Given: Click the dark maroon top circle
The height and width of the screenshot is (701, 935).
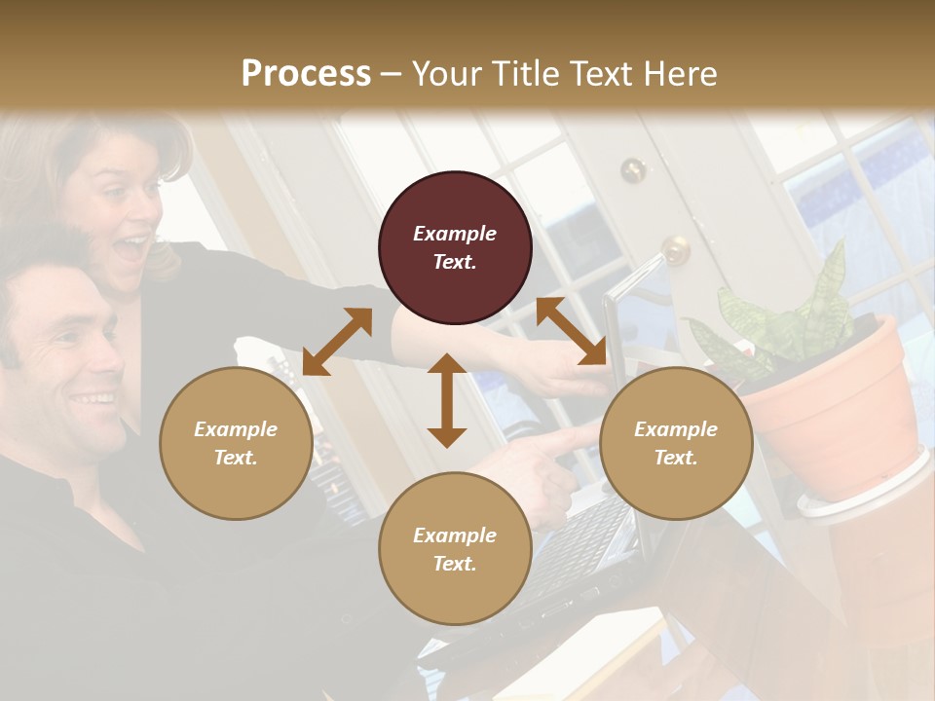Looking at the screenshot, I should coord(455,247).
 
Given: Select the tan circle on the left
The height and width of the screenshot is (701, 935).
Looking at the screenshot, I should coord(236,443).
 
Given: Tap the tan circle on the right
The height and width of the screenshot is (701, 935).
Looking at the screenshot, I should coord(676,443).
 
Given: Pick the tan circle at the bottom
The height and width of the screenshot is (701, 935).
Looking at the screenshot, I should coord(455,548).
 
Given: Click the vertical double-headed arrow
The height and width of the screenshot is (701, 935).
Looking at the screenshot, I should coord(447,400).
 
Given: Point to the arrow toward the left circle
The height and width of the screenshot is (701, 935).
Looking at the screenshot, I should coord(337,341).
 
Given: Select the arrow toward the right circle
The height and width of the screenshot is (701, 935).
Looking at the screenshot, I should coord(572,331).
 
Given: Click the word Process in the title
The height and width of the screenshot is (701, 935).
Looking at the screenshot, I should coord(306,73).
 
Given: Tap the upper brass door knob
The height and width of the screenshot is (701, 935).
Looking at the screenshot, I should coord(633,170).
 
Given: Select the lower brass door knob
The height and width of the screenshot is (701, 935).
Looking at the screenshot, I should coord(674,250).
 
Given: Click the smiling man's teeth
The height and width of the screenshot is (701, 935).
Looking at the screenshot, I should coord(93,399).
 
